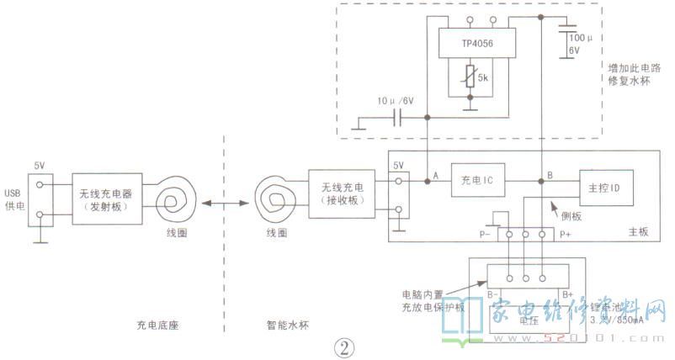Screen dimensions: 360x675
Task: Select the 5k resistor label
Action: point(484,77)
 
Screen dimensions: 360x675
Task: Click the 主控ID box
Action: point(604,185)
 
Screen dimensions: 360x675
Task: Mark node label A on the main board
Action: point(436,175)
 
